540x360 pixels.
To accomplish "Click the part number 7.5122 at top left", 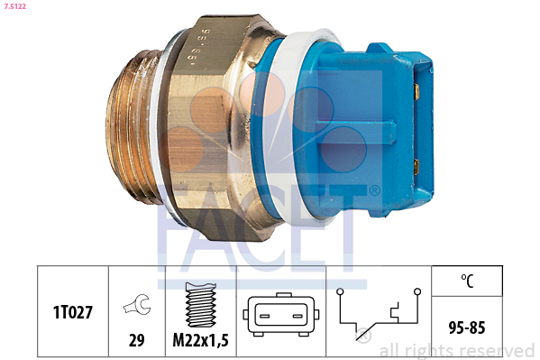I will [x=16, y=7].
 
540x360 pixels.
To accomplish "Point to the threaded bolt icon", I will [x=200, y=308].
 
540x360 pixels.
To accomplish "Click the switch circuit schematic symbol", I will [x=378, y=315].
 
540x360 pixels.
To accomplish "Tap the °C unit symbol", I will [x=467, y=281].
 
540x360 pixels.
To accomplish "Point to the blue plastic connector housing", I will [x=361, y=126].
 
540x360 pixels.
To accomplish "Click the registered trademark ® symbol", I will [x=373, y=191].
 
